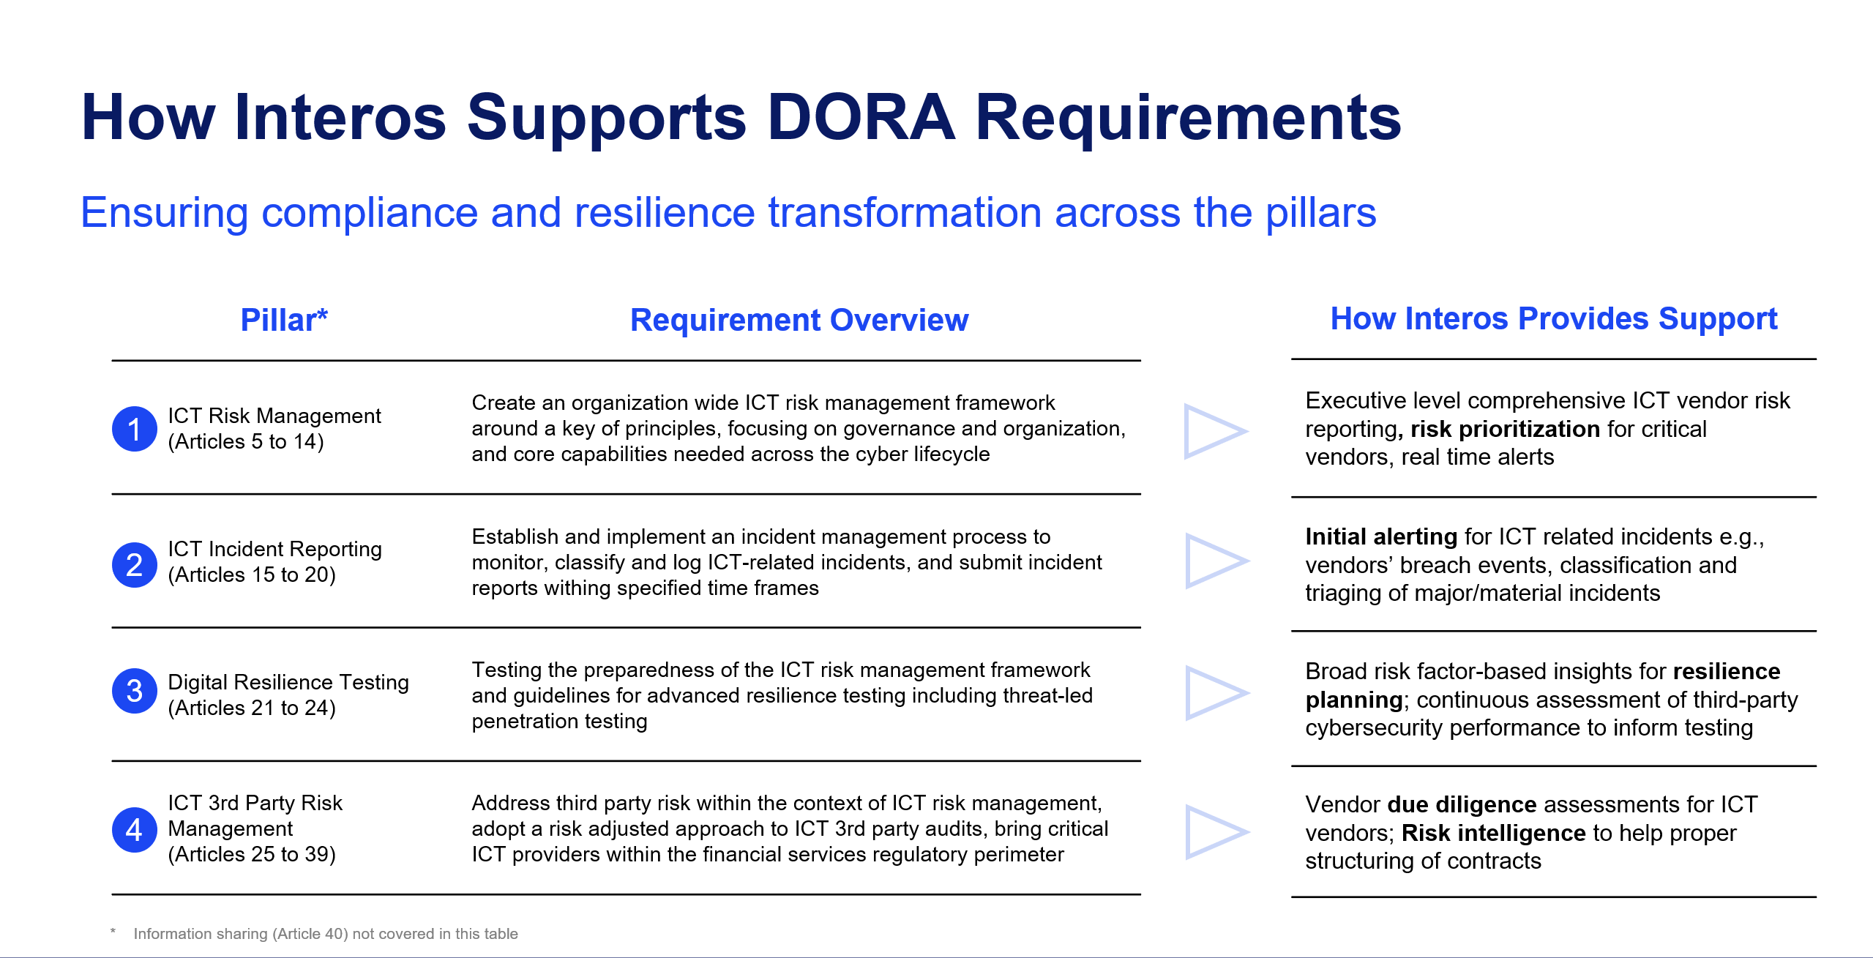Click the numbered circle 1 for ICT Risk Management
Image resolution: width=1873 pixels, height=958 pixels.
134,429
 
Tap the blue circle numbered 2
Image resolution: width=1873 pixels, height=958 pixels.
134,564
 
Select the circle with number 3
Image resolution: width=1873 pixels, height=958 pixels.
134,691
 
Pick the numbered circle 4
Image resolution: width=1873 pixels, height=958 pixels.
134,829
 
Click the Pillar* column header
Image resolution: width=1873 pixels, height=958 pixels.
283,320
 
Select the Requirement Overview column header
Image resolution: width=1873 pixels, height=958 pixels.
799,320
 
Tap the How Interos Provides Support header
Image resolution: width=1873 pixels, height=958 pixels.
1553,318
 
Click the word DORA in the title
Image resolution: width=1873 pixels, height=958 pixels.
861,117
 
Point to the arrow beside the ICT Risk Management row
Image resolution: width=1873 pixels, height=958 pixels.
1213,431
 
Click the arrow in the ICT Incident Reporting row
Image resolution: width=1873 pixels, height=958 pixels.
1214,561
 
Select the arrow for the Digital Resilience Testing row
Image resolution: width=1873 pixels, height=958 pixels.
1214,692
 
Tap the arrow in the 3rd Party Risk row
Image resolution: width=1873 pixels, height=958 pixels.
1214,831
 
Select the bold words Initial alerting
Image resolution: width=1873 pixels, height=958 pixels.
1380,536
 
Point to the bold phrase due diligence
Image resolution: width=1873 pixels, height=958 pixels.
1461,804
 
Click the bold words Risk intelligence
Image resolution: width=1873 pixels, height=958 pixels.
1493,833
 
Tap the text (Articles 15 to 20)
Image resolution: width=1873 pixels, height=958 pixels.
252,575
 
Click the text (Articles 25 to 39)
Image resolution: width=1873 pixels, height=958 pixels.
252,855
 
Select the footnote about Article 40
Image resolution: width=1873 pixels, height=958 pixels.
325,934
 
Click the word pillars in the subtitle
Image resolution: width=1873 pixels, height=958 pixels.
1320,213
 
